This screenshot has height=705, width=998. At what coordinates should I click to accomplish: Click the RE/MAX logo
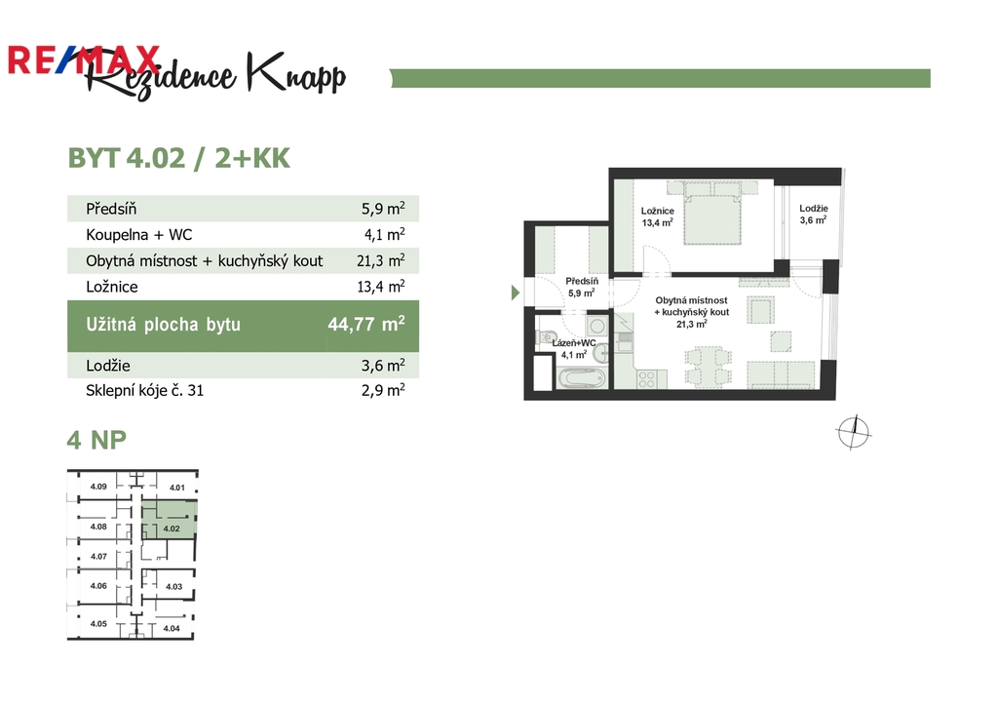click(84, 59)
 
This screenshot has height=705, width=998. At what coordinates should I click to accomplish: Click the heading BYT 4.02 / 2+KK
click(179, 159)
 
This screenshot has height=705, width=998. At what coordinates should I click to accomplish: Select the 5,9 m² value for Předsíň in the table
click(383, 209)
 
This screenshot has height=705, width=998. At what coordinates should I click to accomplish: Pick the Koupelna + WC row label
click(138, 235)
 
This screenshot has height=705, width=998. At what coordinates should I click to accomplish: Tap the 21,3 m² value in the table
click(381, 260)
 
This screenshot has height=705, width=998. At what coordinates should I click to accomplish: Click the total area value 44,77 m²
click(366, 324)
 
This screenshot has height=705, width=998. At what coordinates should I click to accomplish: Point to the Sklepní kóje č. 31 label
click(144, 390)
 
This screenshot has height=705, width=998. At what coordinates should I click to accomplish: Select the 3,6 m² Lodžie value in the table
click(383, 365)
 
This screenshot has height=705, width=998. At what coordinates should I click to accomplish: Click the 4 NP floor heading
click(96, 440)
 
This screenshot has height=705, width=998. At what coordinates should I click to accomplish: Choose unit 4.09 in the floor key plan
click(98, 487)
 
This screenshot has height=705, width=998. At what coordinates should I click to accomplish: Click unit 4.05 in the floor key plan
click(98, 624)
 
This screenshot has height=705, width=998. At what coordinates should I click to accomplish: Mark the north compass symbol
click(854, 432)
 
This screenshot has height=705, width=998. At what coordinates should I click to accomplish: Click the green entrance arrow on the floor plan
click(516, 293)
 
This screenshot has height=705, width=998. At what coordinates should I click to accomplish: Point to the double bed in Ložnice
click(712, 214)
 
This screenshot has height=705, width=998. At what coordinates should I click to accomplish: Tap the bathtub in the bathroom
click(582, 378)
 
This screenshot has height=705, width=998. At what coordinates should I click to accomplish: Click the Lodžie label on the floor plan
click(814, 209)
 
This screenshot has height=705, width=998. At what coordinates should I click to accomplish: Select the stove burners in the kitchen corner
click(646, 379)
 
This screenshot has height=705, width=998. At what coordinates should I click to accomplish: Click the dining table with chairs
click(708, 368)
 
